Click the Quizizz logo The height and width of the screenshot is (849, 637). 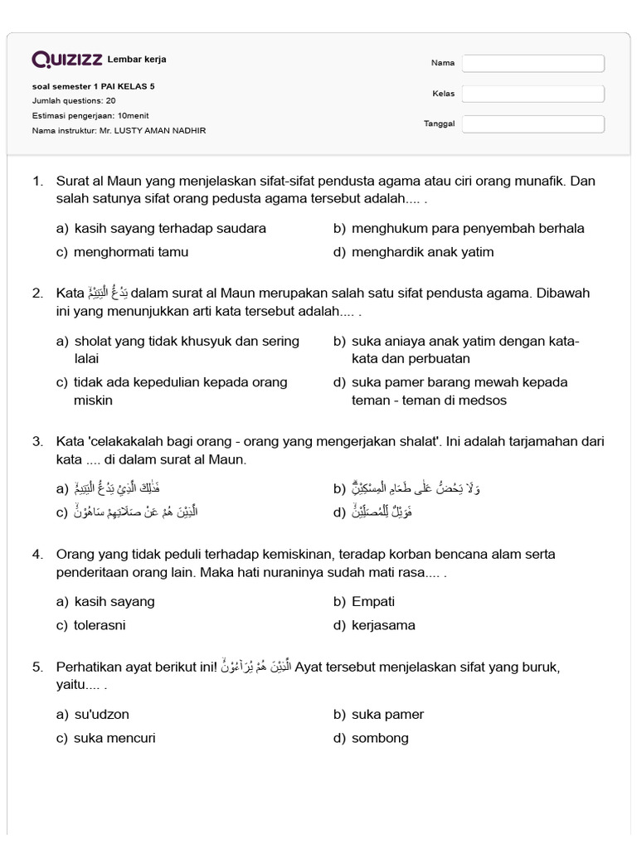[x=67, y=60]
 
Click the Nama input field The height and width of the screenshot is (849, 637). [x=533, y=63]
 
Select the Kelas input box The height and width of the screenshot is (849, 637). [x=533, y=94]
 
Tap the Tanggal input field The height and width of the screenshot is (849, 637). [x=533, y=124]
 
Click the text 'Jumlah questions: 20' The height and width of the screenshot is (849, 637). [x=74, y=100]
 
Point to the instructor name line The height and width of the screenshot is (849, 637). [x=119, y=130]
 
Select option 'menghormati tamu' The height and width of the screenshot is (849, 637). [x=130, y=252]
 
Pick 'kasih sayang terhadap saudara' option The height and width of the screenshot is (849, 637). [x=170, y=228]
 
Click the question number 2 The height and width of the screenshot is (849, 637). [x=37, y=294]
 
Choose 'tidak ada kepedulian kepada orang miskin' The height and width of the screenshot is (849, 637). [x=180, y=391]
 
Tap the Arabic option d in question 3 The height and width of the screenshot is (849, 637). [x=382, y=512]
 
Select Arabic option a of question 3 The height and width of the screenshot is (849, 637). [x=125, y=488]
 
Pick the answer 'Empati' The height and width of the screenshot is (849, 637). [x=373, y=601]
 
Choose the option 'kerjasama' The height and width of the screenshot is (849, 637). [x=383, y=625]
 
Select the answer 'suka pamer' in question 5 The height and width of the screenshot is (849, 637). [x=387, y=714]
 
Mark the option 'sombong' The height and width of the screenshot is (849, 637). [x=380, y=738]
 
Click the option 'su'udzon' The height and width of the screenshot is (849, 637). [x=101, y=714]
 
